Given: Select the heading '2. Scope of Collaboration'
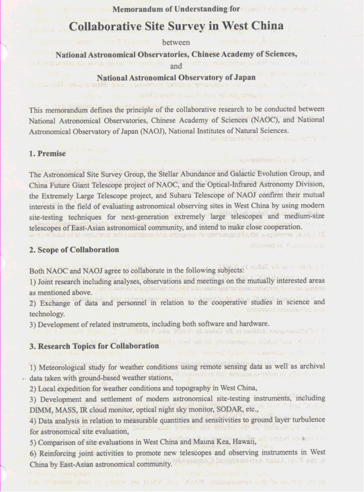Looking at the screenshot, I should [74, 249].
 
